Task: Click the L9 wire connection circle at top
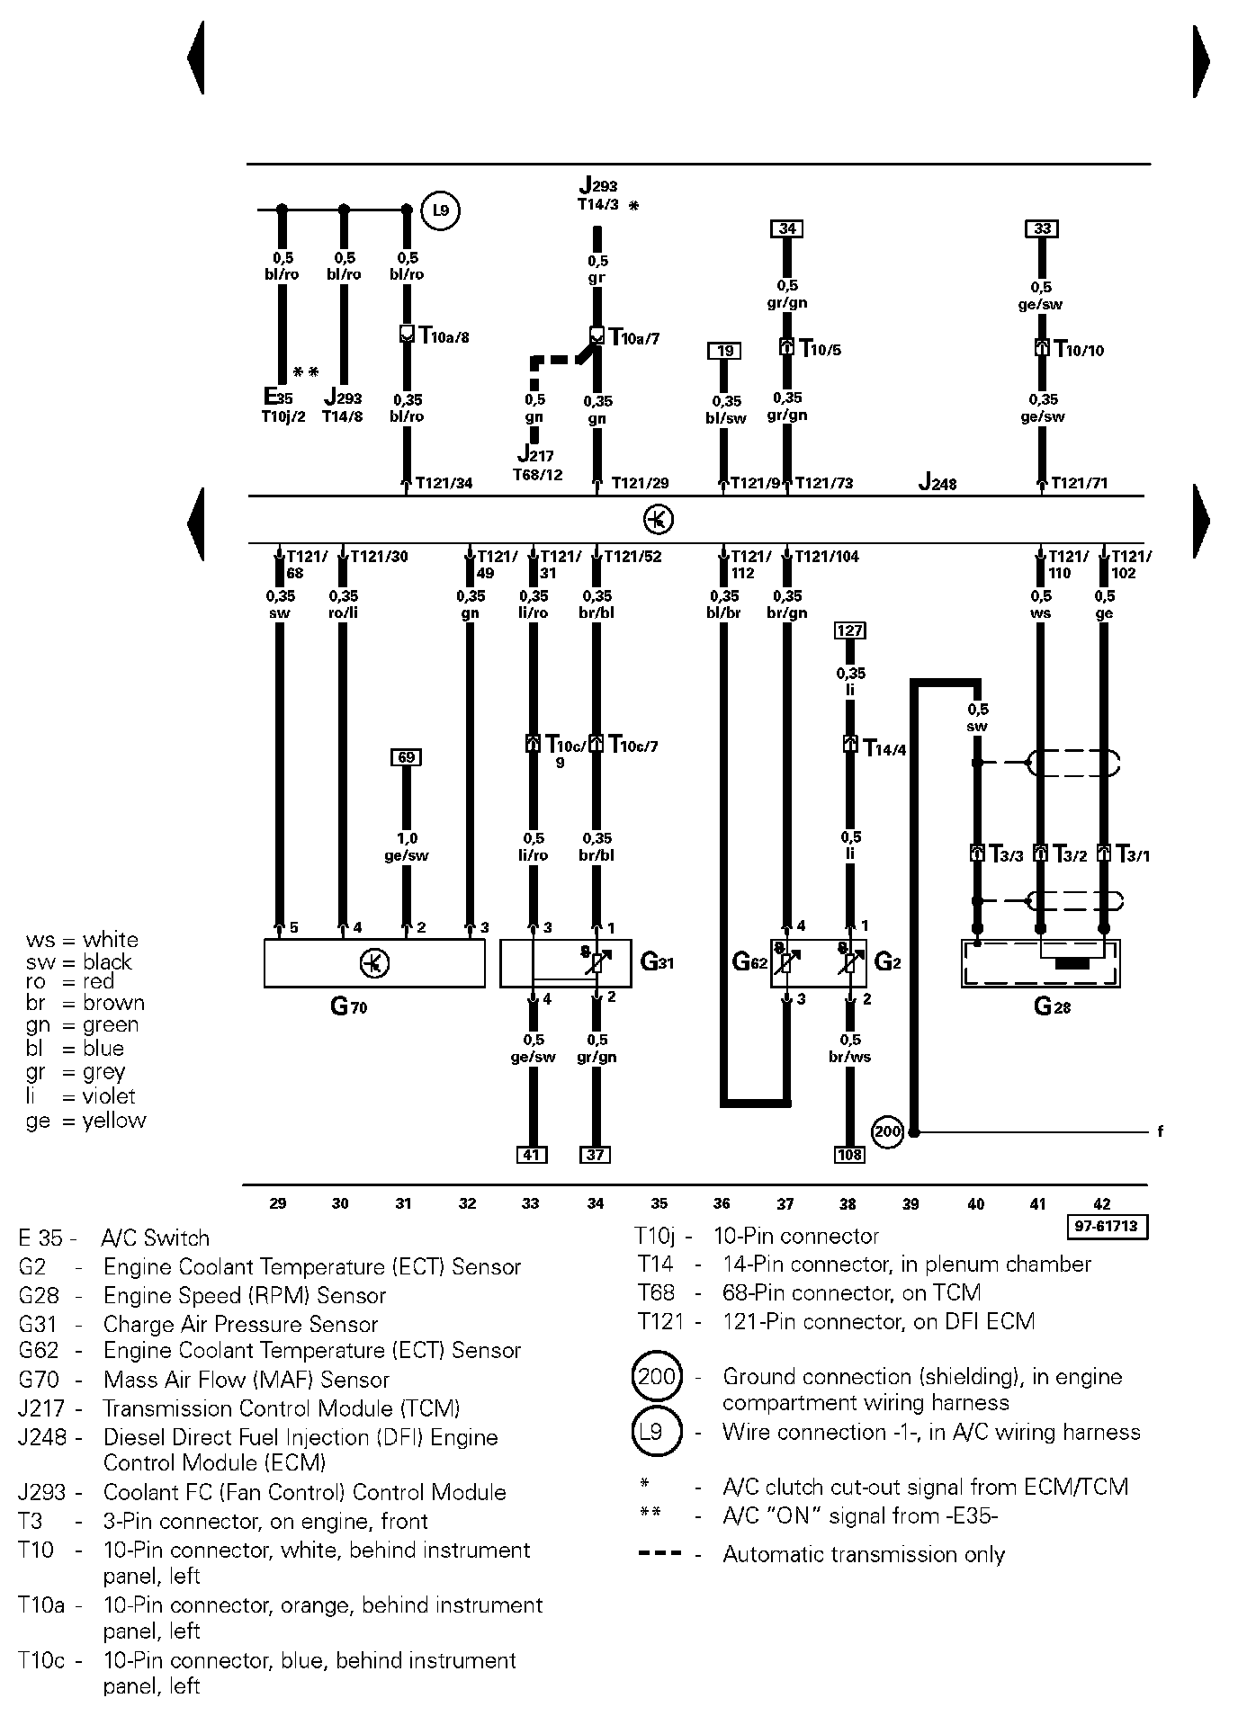[440, 211]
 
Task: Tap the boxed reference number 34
[786, 228]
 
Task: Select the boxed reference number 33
[1042, 228]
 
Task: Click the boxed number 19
[725, 351]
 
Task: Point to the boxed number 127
[850, 630]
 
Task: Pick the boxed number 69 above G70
[406, 757]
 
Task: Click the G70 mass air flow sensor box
[374, 963]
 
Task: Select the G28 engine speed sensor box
[1041, 963]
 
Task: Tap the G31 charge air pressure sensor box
[565, 963]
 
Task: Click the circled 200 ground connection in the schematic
[888, 1131]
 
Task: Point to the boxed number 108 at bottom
[849, 1155]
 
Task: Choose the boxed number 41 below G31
[532, 1155]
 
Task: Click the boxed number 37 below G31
[596, 1155]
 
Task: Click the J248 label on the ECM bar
[937, 483]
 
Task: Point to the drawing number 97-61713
[1108, 1227]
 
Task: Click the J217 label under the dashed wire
[536, 456]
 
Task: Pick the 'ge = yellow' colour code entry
[85, 1121]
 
